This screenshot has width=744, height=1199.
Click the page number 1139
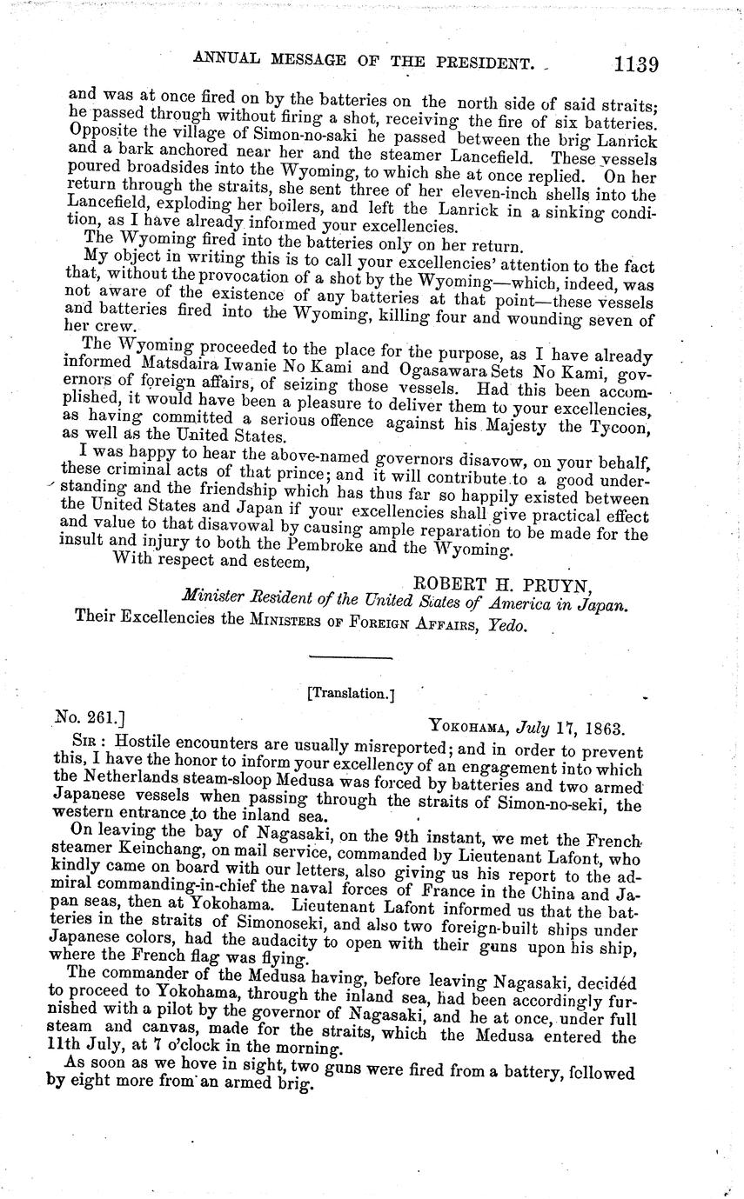point(635,63)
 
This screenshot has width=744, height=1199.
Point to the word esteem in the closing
point(279,563)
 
